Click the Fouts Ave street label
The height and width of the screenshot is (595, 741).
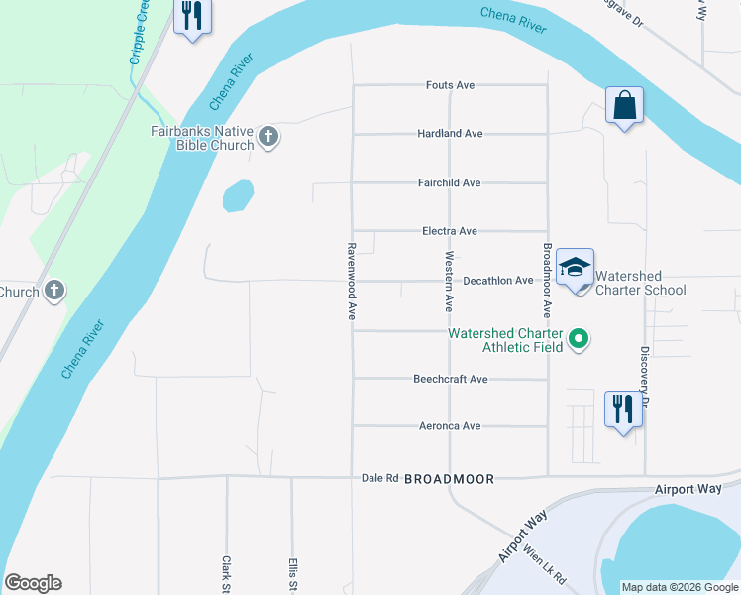450,85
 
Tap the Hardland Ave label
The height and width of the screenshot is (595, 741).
450,133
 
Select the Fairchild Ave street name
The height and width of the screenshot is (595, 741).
449,182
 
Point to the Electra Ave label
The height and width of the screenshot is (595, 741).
450,231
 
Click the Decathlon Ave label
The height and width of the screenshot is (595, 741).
498,281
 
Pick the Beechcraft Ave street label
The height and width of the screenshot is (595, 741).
451,379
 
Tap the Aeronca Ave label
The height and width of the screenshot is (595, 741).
449,426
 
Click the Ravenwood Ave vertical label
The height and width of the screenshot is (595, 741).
352,282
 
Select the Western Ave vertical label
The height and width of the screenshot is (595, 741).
450,282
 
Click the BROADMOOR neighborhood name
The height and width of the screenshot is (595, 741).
449,478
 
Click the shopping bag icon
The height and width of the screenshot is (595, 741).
624,105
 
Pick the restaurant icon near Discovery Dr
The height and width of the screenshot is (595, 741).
623,408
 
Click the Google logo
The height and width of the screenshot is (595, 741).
33,583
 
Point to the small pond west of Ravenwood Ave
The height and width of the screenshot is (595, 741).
238,195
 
